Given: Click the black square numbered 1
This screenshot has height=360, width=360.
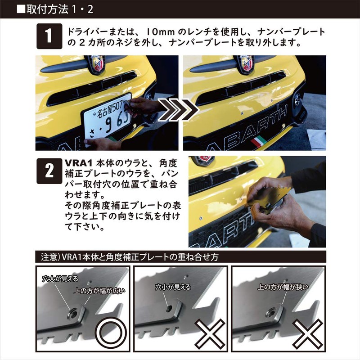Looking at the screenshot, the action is point(49,36).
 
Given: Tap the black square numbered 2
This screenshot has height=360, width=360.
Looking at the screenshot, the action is point(49,171).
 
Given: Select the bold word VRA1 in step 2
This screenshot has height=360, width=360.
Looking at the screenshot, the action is point(78,163).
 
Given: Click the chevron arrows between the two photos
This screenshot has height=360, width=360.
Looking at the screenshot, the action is point(178,110).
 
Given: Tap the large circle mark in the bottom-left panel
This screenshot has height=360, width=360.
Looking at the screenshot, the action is point(111,333).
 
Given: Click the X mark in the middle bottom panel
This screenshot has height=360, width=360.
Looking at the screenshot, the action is point(210,333).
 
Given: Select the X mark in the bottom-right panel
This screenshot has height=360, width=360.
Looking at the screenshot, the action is point(307,333).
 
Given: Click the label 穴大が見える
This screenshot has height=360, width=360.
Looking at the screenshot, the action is point(60,279).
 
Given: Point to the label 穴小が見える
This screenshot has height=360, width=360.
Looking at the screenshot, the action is point(173,287).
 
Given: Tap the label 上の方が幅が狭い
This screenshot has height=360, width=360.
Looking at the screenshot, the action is point(283,287).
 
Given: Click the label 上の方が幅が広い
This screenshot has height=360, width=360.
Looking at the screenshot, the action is point(99,291).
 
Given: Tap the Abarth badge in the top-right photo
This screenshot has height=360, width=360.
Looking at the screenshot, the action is point(246,64).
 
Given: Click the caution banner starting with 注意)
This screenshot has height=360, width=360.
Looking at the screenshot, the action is point(181,256).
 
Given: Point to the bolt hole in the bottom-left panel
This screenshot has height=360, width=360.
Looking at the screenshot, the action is point(73,314).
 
